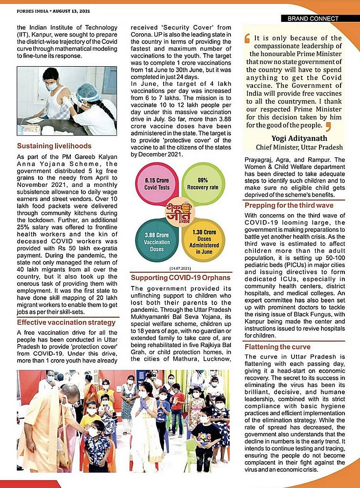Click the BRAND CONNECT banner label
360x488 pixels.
click(313, 19)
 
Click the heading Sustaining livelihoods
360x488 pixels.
click(54, 145)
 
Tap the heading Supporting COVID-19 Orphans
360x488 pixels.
click(180, 278)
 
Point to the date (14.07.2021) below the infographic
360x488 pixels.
click(180, 269)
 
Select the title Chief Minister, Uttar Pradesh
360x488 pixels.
click(299, 147)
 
